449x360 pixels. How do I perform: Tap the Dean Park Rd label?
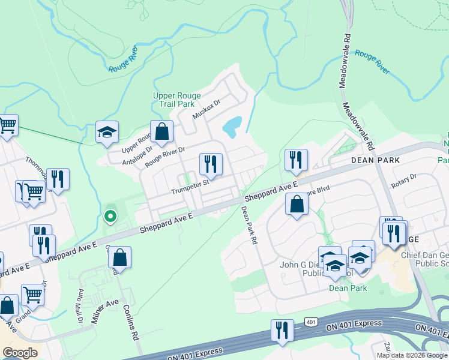(x=249, y=225)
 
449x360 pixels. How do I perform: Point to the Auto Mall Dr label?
(x=80, y=306)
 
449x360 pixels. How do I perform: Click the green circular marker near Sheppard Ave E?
(x=110, y=217)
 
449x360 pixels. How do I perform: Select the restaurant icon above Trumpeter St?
(x=211, y=163)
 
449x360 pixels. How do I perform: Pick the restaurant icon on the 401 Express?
(x=281, y=329)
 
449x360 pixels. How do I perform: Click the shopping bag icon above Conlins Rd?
(x=119, y=257)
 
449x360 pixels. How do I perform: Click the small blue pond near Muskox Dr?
(x=232, y=125)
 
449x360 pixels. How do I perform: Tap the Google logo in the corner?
(x=20, y=353)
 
